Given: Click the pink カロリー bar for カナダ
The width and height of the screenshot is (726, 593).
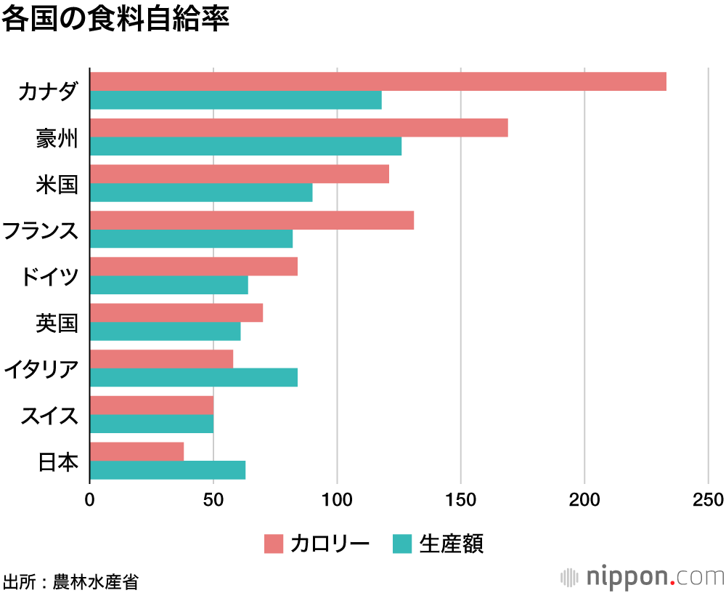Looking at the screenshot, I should point(378,81).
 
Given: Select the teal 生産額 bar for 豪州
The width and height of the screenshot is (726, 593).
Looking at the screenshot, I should point(245,146).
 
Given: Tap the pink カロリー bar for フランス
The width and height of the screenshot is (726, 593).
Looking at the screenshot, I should point(251,220).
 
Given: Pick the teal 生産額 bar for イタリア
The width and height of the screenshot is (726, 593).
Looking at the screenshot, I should point(193,378).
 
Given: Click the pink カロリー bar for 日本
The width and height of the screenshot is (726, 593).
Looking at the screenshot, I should point(136,451).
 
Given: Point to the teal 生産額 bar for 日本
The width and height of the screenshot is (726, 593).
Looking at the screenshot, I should point(167,470).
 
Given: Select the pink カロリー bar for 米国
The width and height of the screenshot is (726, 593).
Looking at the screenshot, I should point(239,174).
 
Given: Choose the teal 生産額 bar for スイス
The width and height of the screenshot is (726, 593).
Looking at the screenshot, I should point(151,424).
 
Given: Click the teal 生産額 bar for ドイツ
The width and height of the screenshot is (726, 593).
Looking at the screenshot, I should point(168,285).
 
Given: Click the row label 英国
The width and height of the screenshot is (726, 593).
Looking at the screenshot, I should point(57,323).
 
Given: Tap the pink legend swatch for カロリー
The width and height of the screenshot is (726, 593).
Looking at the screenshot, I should point(273,543).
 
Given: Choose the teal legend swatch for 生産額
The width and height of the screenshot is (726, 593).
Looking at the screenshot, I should point(402,543).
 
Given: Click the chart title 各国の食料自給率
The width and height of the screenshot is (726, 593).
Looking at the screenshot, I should point(115,19).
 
